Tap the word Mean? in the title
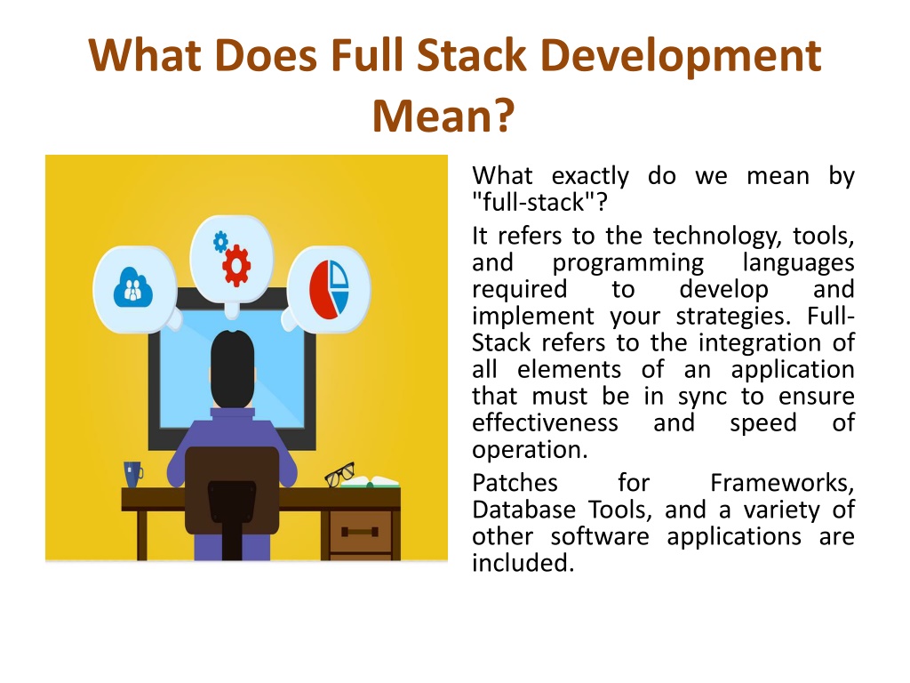click(x=443, y=117)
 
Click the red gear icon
click(x=236, y=266)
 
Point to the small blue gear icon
click(x=220, y=242)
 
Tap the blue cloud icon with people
click(x=133, y=287)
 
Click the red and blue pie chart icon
click(x=329, y=289)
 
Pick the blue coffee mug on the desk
click(x=133, y=475)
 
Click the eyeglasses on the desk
click(x=339, y=475)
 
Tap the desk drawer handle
click(x=360, y=532)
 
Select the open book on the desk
click(x=371, y=482)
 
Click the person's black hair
click(x=232, y=368)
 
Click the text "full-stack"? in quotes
click(x=539, y=203)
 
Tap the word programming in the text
click(x=628, y=263)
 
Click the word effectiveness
click(x=545, y=422)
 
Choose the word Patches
click(x=515, y=483)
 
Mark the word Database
click(x=524, y=510)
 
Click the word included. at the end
click(x=523, y=563)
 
